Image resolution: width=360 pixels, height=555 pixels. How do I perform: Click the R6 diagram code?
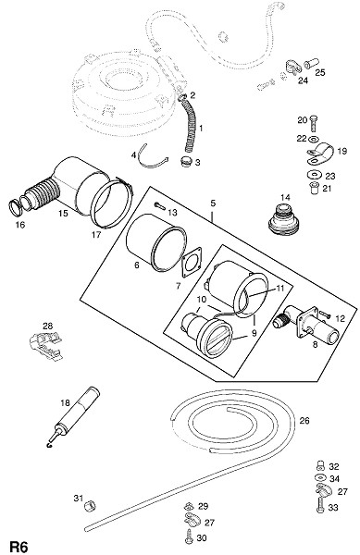coord(19,546)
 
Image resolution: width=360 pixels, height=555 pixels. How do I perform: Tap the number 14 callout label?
coord(285,198)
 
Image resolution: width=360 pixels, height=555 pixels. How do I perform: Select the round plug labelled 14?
coord(284,219)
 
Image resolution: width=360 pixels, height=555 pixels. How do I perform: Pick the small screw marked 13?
coord(160,206)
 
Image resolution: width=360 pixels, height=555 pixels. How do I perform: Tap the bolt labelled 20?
coord(314,124)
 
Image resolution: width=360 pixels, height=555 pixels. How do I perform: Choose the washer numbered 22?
coord(314,138)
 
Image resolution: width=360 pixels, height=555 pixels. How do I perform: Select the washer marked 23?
coord(314,175)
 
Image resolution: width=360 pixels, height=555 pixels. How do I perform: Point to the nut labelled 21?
coord(314,188)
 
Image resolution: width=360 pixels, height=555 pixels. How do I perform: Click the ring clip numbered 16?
coord(15,208)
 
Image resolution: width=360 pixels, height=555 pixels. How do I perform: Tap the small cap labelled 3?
coord(185,163)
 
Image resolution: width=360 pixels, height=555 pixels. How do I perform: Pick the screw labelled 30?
coord(188,536)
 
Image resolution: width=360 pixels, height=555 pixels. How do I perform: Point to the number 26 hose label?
coord(304,421)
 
